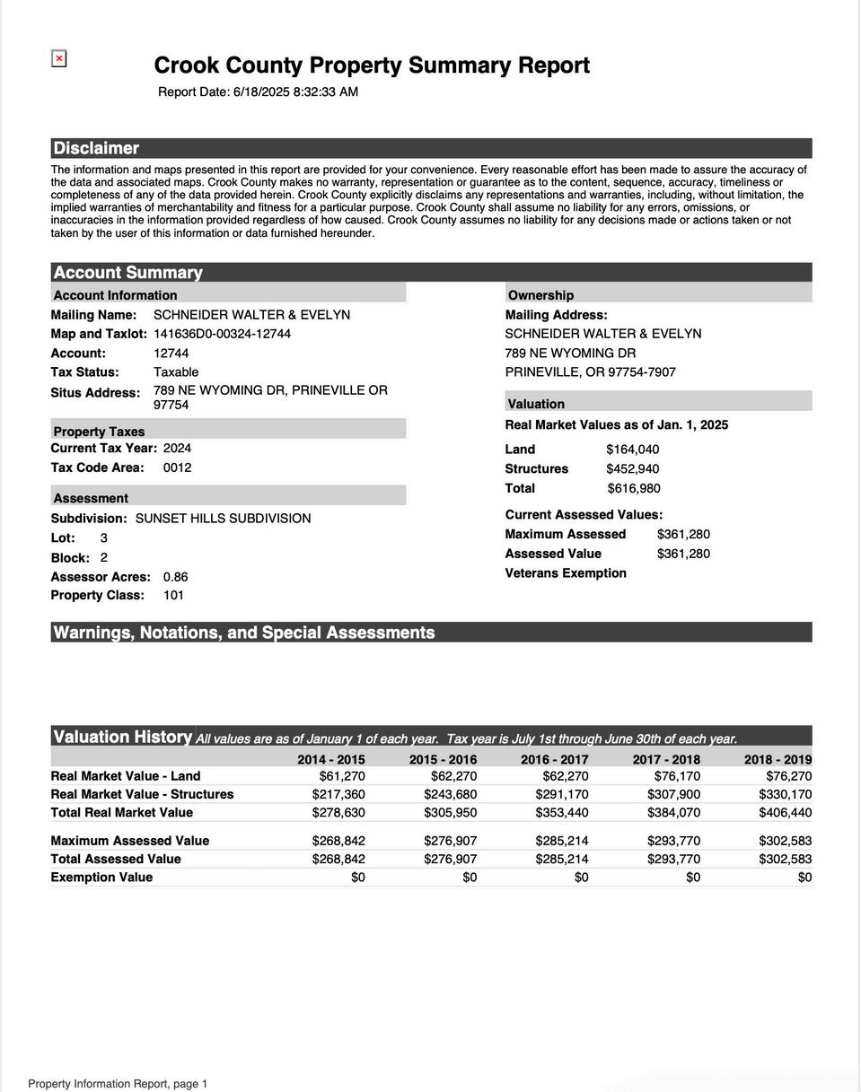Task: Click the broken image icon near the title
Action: (x=59, y=59)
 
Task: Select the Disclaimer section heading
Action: (x=96, y=149)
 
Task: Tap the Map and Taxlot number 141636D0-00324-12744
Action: (x=222, y=334)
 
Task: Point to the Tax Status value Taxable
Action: (x=176, y=372)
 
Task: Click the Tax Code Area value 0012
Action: (x=177, y=467)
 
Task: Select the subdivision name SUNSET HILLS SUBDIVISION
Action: (x=223, y=519)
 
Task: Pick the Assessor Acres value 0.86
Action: (x=175, y=577)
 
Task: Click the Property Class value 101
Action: (x=173, y=596)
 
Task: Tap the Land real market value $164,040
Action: (x=632, y=450)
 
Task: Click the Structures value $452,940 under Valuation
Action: (x=632, y=469)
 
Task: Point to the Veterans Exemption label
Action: (x=566, y=573)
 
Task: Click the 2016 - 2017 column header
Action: (x=554, y=760)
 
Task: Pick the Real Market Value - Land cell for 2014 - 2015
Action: (x=341, y=776)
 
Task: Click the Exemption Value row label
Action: (x=101, y=878)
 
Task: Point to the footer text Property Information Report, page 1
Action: (x=118, y=1084)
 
